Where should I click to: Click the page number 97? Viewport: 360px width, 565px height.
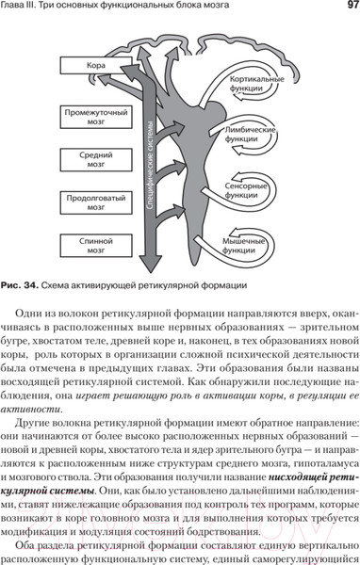coord(343,9)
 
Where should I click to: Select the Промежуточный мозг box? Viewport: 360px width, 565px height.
coord(93,118)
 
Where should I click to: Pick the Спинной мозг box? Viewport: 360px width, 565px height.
coord(93,246)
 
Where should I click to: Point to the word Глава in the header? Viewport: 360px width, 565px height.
coord(22,9)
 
